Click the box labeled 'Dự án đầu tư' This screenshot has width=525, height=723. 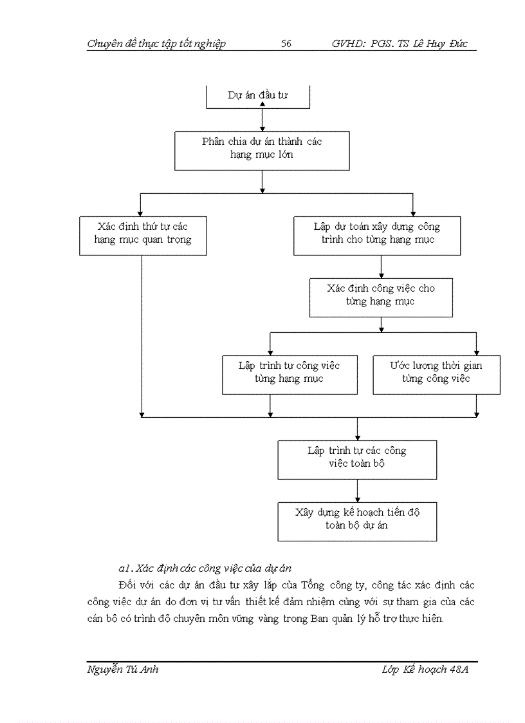pyautogui.click(x=257, y=96)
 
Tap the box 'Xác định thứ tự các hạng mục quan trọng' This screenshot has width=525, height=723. pyautogui.click(x=142, y=235)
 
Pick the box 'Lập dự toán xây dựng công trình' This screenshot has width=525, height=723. pyautogui.click(x=377, y=235)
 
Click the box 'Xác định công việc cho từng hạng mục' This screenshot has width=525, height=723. pyautogui.click(x=381, y=297)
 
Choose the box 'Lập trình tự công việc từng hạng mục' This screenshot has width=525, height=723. pyautogui.click(x=290, y=374)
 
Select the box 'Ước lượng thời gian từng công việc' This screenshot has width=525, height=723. pyautogui.click(x=436, y=374)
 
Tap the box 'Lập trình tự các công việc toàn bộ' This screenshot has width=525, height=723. pyautogui.click(x=357, y=459)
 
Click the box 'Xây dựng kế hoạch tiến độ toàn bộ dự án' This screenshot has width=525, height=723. pyautogui.click(x=357, y=521)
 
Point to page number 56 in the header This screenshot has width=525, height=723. pyautogui.click(x=286, y=44)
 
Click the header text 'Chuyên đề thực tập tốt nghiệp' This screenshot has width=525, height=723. pyautogui.click(x=156, y=44)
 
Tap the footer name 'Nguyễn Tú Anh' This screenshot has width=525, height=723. pyautogui.click(x=122, y=670)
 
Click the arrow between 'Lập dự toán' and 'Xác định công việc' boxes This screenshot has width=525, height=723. pyautogui.click(x=382, y=267)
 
